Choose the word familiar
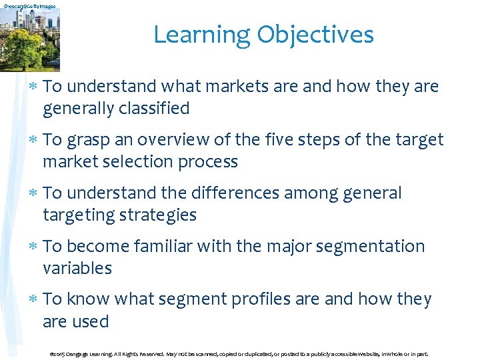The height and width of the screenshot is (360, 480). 169,247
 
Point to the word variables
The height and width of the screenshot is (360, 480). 77,268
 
